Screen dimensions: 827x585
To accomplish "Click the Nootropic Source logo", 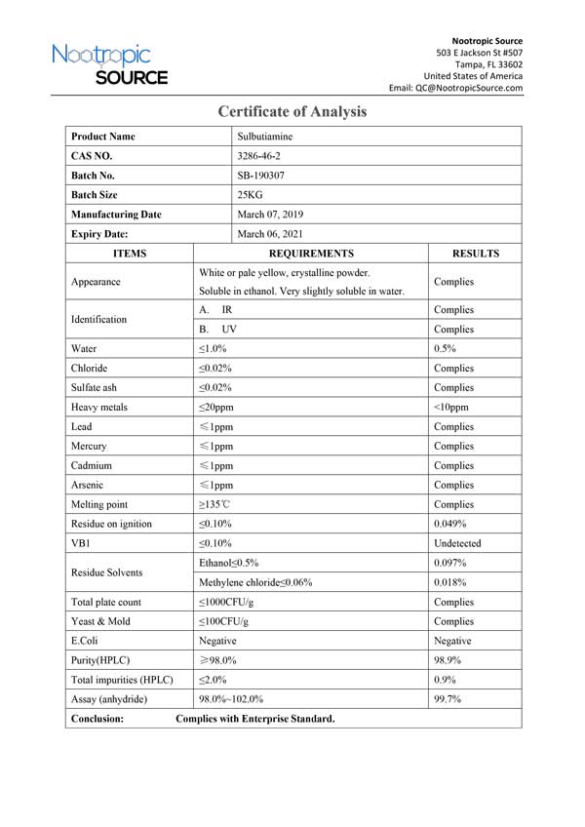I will [x=109, y=63].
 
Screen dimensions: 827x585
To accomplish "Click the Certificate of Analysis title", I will [x=292, y=111].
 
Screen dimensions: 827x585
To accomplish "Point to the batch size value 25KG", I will [x=251, y=195].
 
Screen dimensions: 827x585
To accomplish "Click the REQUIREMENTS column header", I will [x=311, y=254].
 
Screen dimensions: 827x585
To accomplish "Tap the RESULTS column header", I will [x=475, y=254].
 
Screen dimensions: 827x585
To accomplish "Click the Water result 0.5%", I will [x=446, y=348].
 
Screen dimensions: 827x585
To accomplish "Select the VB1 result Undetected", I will [x=457, y=543].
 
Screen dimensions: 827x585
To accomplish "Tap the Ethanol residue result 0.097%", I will [x=450, y=563].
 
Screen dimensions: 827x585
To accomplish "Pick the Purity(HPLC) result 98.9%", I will [x=448, y=660].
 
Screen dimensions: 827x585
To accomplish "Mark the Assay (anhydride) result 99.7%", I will [x=448, y=699].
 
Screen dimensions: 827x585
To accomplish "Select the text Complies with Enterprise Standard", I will [x=255, y=719].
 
